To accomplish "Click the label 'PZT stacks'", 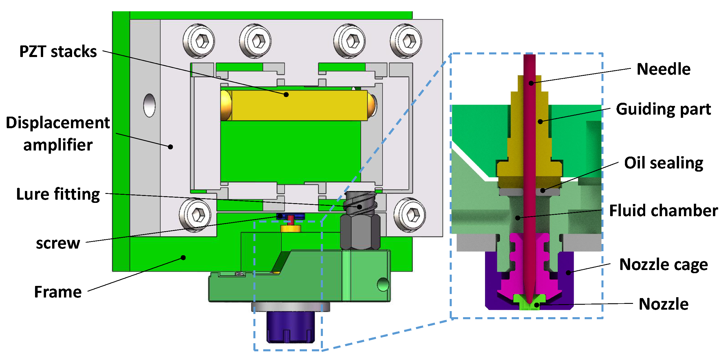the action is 58,52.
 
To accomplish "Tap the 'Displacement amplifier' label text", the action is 58,134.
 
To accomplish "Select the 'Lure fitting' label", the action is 58,194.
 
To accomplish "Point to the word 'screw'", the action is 58,243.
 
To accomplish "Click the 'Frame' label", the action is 58,292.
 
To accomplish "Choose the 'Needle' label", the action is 663,69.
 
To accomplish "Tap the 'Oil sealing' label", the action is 663,163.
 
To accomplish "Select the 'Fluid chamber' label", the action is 663,210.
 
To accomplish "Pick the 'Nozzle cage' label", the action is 663,265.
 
